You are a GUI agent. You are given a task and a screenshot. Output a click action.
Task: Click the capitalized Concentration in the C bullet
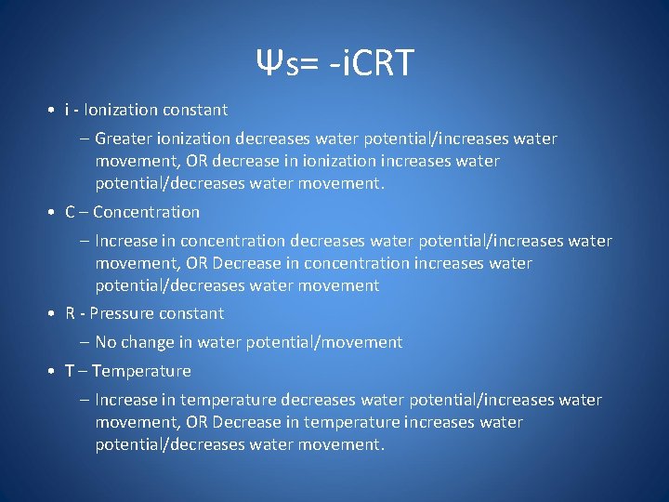click(x=146, y=212)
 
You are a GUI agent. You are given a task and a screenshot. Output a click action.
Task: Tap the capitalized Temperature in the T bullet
click(x=141, y=371)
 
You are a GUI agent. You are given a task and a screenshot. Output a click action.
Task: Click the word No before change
click(x=106, y=342)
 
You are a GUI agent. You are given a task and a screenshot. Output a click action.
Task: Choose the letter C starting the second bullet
click(x=71, y=212)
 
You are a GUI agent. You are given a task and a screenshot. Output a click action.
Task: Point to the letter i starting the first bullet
click(x=67, y=110)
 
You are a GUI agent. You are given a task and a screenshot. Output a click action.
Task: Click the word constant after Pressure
click(x=193, y=313)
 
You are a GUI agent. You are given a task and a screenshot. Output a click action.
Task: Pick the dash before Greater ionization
click(x=85, y=139)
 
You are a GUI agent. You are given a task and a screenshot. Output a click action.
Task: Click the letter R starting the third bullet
click(x=71, y=313)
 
